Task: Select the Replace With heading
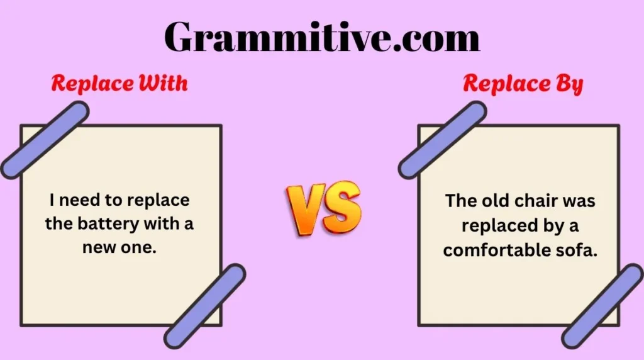(119, 84)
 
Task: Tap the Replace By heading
(523, 84)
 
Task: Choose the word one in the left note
(138, 247)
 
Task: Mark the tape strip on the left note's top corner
(44, 140)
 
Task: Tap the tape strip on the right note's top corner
(442, 140)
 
